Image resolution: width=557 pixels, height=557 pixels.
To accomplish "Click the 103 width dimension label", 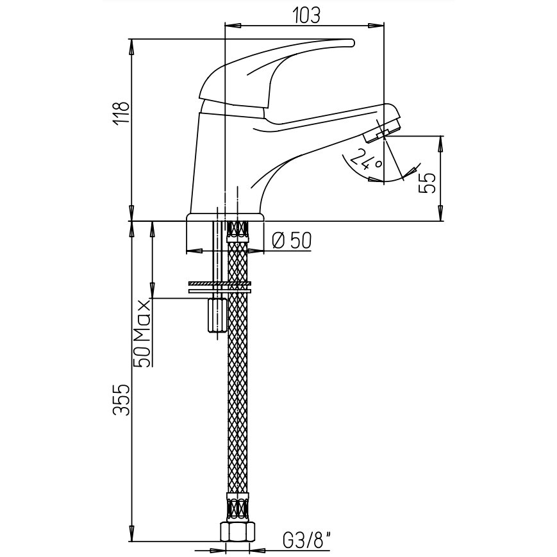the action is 307,15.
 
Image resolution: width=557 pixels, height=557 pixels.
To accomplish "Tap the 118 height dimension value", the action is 121,113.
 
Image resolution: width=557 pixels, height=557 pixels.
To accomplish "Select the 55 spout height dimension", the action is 428,183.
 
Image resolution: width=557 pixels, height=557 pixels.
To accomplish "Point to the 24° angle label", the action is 366,159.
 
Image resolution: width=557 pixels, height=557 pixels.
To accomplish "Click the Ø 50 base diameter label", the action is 291,240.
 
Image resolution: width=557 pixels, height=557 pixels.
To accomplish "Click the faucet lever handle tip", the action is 352,43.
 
